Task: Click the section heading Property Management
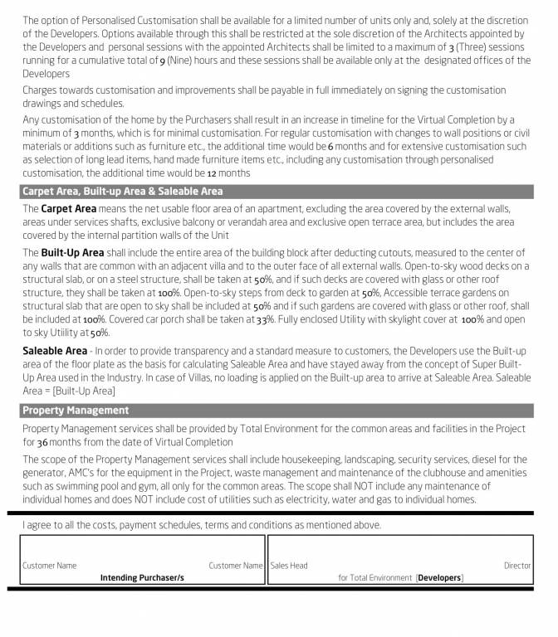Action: click(x=76, y=410)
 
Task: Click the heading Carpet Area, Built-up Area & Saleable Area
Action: click(x=122, y=191)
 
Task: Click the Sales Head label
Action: click(x=289, y=566)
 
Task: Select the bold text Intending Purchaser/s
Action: click(x=142, y=577)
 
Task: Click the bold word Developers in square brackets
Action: click(x=439, y=577)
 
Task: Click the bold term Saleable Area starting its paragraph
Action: click(x=54, y=351)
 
